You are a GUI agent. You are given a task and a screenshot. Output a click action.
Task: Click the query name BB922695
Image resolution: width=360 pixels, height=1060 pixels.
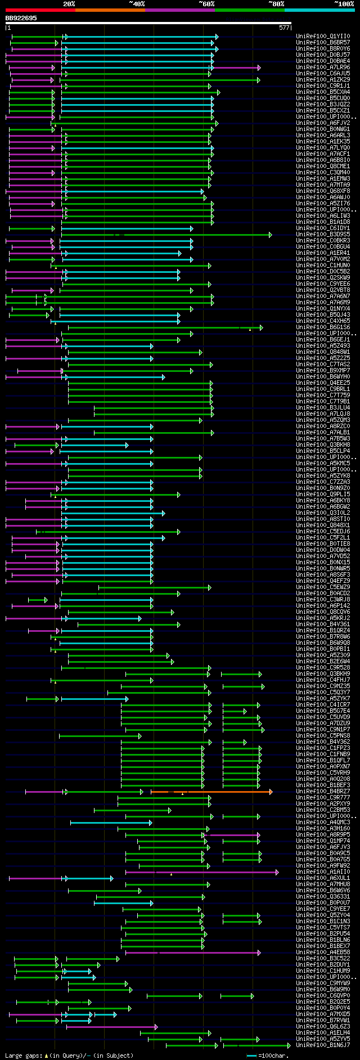[x=21, y=18]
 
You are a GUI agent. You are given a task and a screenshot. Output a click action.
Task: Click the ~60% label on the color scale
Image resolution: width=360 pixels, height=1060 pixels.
[x=206, y=4]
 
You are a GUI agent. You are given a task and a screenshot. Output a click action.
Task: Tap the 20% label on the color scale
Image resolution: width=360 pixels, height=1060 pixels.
[x=69, y=4]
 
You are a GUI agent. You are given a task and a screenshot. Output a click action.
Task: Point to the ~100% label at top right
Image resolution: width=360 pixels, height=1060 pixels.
[x=344, y=4]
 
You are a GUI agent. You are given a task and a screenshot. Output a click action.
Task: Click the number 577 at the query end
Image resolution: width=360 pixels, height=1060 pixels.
[x=284, y=27]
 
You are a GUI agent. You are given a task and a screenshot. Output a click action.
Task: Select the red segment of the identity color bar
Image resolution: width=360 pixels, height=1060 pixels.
[x=40, y=10]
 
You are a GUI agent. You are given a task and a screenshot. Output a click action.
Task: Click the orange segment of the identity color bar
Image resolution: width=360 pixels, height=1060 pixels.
[x=110, y=10]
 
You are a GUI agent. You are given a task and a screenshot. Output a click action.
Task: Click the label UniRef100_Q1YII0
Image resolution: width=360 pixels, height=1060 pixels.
[x=323, y=37]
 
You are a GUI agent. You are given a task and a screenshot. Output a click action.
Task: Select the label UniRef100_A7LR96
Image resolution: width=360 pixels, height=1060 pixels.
[x=323, y=68]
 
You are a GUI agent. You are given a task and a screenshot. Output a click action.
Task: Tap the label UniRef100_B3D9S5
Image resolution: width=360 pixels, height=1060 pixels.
[x=323, y=235]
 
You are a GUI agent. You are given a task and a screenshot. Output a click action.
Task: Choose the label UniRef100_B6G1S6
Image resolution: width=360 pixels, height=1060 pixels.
[x=323, y=327]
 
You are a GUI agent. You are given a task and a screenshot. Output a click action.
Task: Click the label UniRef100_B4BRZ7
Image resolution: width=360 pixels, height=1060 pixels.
[x=323, y=792]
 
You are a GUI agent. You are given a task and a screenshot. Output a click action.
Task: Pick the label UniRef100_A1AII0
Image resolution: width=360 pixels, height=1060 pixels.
[x=323, y=872]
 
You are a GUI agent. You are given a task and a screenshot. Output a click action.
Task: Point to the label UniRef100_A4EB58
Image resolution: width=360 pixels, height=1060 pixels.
[x=323, y=953]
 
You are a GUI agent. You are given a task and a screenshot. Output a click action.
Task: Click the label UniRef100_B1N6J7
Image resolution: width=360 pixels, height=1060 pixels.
[x=323, y=1045]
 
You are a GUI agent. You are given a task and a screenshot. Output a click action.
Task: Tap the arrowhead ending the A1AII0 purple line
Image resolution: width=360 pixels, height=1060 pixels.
[x=277, y=872]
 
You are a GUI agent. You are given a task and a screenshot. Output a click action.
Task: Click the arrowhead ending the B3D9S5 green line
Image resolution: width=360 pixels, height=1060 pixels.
[x=270, y=235]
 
